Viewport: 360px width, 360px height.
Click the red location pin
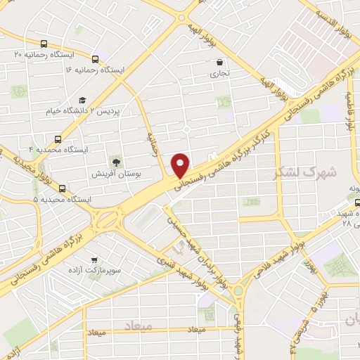(x=181, y=165)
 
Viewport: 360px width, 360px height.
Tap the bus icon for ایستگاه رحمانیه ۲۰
(x=45, y=44)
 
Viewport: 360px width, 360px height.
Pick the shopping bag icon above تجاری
(x=219, y=62)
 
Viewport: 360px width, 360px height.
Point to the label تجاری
(x=219, y=73)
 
